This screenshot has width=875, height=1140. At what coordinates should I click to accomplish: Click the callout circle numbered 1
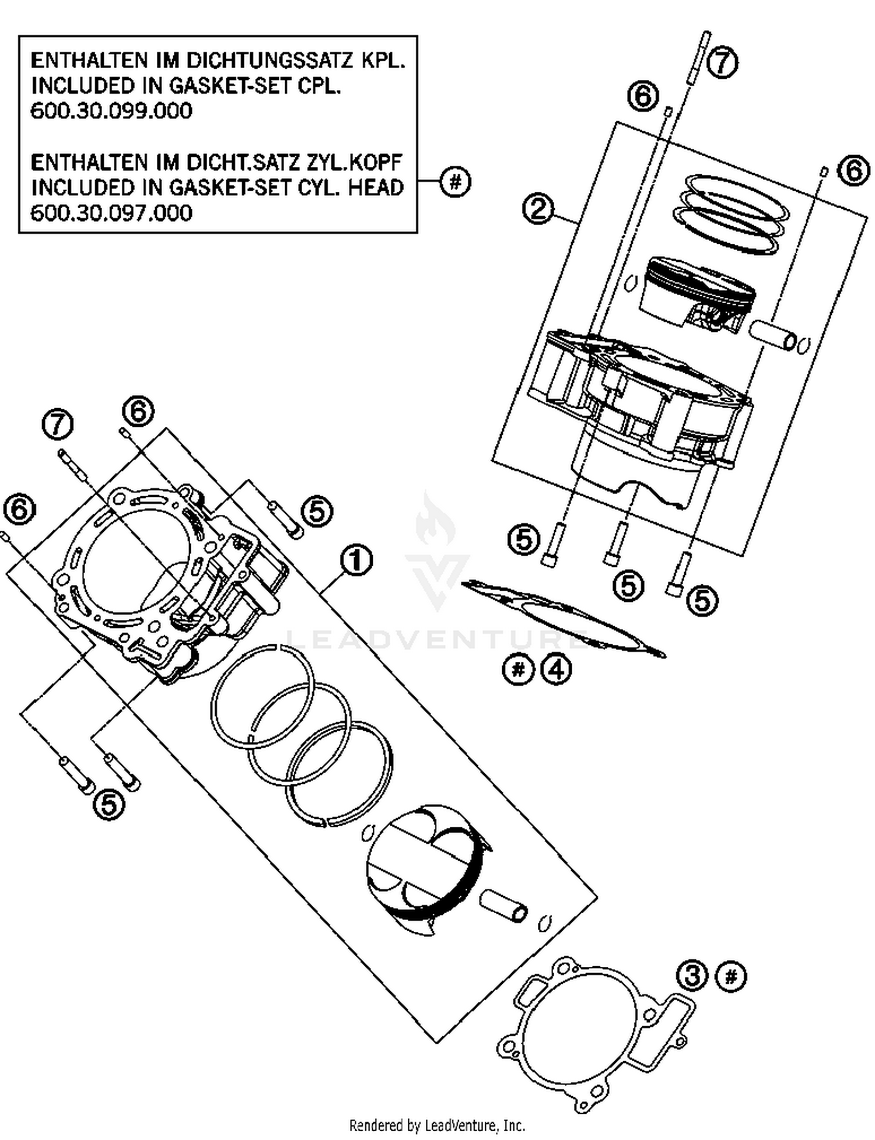(x=356, y=561)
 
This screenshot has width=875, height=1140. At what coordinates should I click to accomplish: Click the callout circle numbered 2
(x=538, y=209)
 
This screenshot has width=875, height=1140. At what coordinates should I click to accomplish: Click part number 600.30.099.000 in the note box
(x=111, y=111)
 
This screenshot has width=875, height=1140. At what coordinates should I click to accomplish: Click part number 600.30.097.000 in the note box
(x=111, y=213)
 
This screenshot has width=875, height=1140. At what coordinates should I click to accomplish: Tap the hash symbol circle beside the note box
(x=455, y=183)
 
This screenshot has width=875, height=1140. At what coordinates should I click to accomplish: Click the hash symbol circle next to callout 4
(x=518, y=669)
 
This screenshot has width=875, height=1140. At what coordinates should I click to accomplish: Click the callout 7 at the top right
(x=722, y=62)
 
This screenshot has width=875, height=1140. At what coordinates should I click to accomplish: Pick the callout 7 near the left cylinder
(x=58, y=425)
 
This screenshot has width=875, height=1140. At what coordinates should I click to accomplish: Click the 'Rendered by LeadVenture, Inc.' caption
(x=437, y=1125)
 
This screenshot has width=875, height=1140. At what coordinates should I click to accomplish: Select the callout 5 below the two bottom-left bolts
(x=109, y=805)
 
